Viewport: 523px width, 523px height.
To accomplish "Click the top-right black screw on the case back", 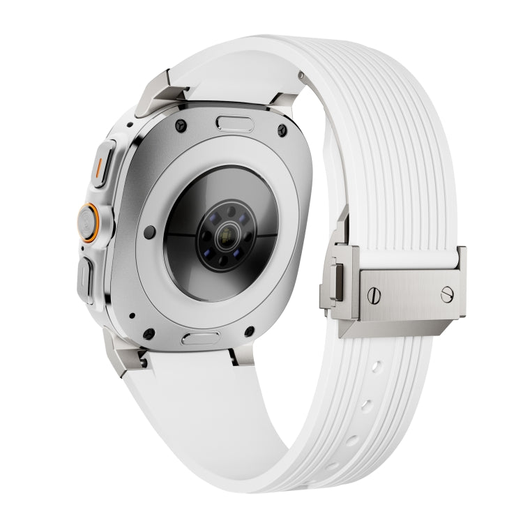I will [280, 129].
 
